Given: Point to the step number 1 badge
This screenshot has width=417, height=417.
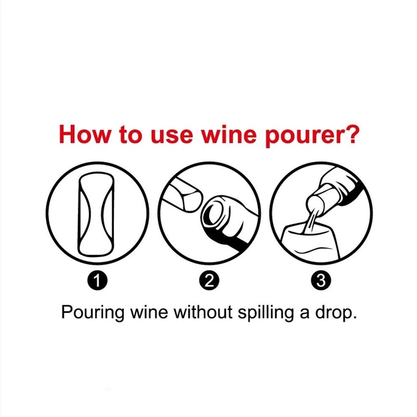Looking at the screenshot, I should point(98,281).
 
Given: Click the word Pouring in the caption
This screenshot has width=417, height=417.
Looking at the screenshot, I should point(90,311).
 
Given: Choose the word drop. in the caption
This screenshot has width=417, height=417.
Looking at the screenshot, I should point(338,311).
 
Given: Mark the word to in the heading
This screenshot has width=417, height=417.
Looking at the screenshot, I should point(129,134).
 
